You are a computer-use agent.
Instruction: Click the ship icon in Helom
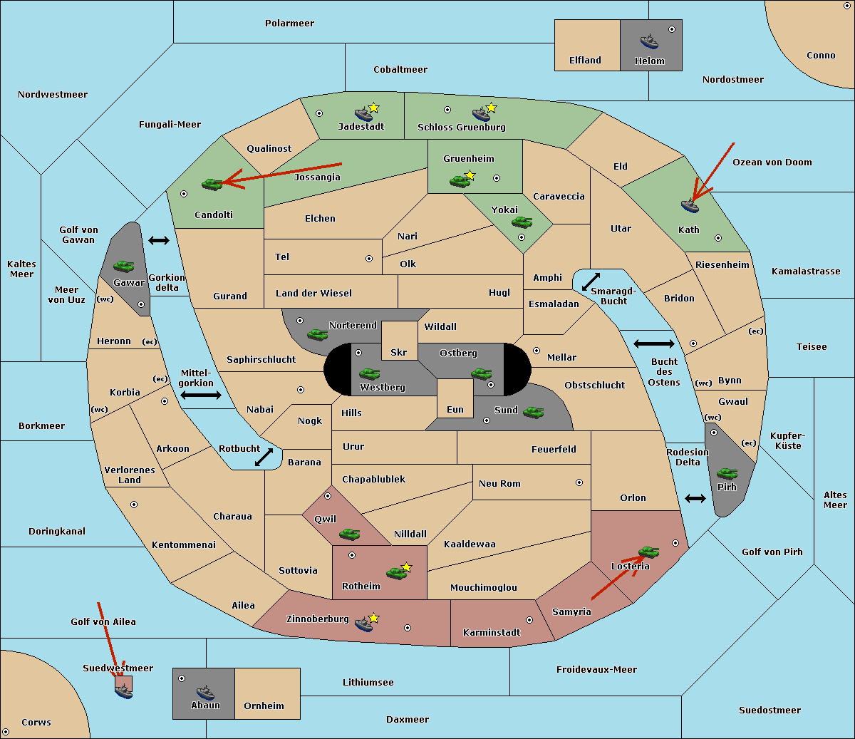point(649,41)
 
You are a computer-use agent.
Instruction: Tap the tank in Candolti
point(212,184)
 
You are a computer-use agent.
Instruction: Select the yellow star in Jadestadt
point(373,108)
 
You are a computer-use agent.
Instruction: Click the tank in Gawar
point(124,266)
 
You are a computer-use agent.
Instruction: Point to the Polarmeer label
point(289,24)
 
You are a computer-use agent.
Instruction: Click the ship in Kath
point(690,206)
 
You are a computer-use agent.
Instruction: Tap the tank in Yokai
point(522,222)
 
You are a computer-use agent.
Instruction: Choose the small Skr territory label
point(398,352)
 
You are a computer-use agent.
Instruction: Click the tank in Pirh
point(727,473)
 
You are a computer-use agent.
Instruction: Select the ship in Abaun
point(205,693)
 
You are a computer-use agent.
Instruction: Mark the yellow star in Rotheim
point(407,567)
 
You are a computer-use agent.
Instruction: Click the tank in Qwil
point(349,534)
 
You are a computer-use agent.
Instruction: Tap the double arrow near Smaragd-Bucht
point(591,281)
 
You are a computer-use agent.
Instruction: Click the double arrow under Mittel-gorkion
point(201,395)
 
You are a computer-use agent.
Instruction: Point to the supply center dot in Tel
point(369,259)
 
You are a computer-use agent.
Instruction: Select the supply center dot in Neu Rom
point(579,482)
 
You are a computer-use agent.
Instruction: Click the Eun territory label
point(455,409)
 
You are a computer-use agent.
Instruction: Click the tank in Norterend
point(317,334)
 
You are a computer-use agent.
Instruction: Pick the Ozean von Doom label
point(772,162)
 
